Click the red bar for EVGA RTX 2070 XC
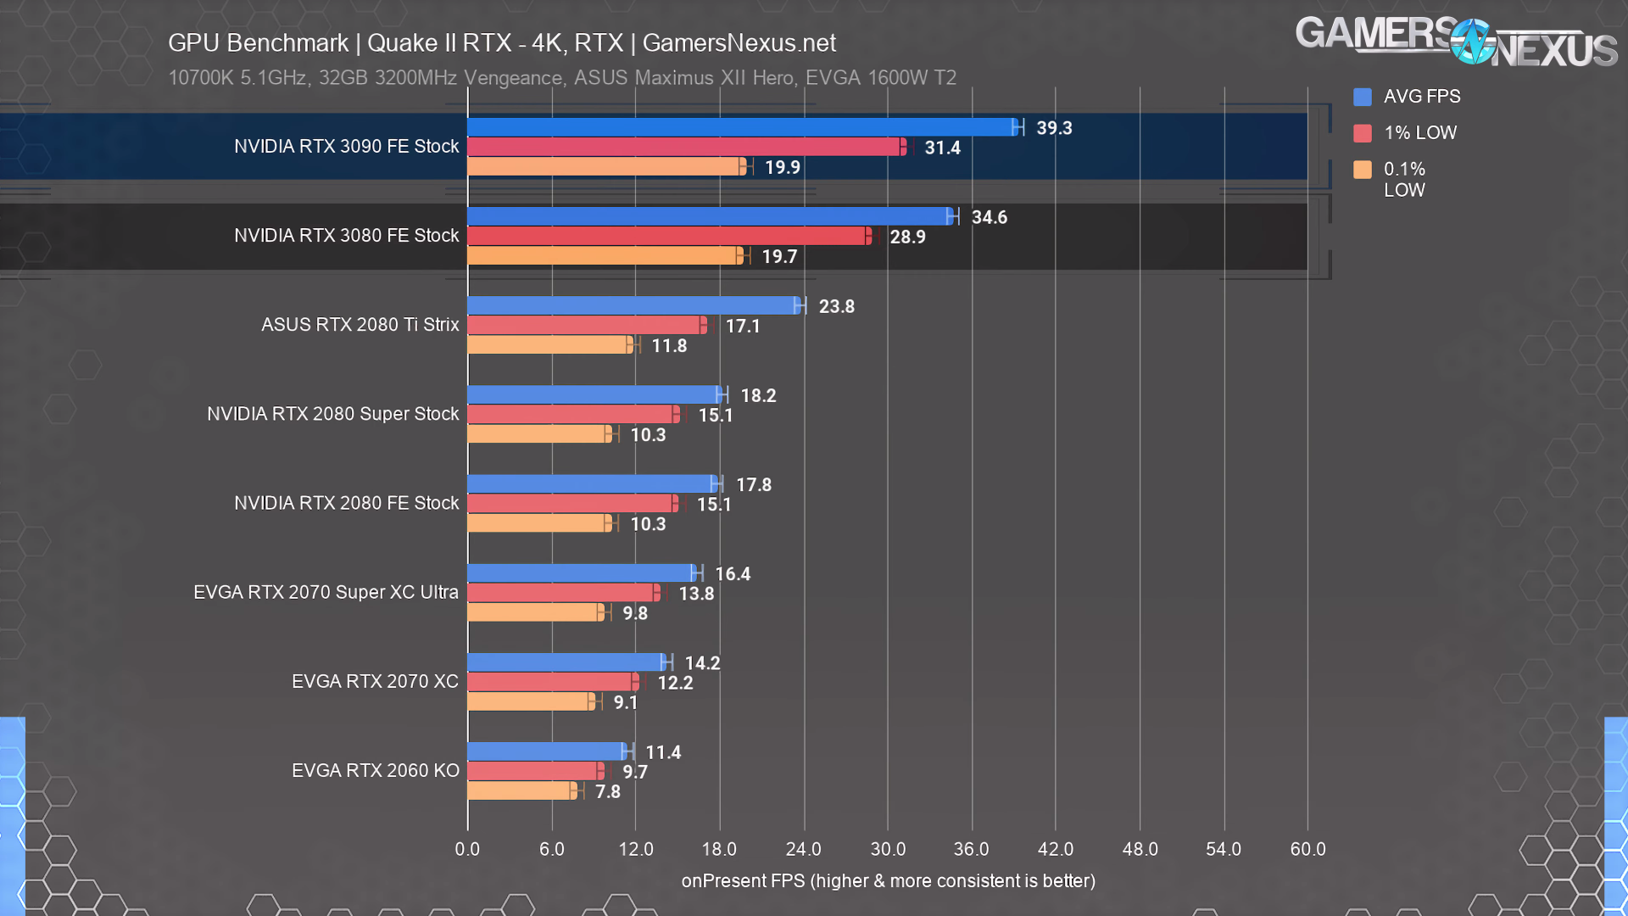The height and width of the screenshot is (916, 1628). (551, 682)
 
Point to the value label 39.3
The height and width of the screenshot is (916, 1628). (1054, 128)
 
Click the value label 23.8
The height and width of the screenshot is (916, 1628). (836, 306)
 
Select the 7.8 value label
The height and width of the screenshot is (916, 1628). (607, 791)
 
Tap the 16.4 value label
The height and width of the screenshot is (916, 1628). (733, 574)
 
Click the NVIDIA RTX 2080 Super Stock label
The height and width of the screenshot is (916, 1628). (332, 414)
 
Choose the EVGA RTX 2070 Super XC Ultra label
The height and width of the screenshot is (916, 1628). (326, 592)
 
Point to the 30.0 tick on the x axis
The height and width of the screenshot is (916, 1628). (888, 849)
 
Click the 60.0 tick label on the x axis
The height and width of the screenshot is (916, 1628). (1307, 849)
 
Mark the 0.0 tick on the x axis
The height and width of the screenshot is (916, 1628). (467, 849)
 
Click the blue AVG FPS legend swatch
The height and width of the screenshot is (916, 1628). (1363, 97)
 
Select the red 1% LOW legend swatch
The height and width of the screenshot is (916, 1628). (1363, 133)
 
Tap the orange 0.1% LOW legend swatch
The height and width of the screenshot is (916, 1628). (1363, 170)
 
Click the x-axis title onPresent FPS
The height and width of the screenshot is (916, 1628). (888, 881)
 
